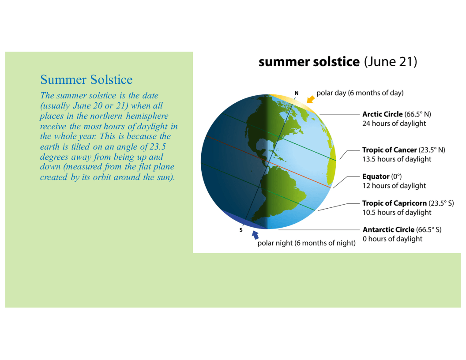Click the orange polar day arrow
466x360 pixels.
[x=311, y=99]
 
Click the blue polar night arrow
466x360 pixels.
[x=255, y=235]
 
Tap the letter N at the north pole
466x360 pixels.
[x=296, y=93]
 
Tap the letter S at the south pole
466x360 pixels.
[x=241, y=230]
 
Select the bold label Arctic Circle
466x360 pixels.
[x=382, y=114]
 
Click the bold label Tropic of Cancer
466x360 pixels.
[x=389, y=150]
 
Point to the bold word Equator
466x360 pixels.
[x=376, y=176]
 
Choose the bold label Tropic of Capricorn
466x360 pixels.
[x=395, y=203]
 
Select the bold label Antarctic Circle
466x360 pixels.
[x=388, y=229]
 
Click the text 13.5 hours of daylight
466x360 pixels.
[x=397, y=159]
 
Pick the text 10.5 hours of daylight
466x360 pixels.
[x=397, y=212]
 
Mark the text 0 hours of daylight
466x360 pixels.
[x=392, y=239]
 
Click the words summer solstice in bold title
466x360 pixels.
[x=309, y=62]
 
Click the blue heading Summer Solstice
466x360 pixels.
[x=86, y=79]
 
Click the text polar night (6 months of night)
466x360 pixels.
[x=306, y=243]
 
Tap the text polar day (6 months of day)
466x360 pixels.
[x=360, y=93]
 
